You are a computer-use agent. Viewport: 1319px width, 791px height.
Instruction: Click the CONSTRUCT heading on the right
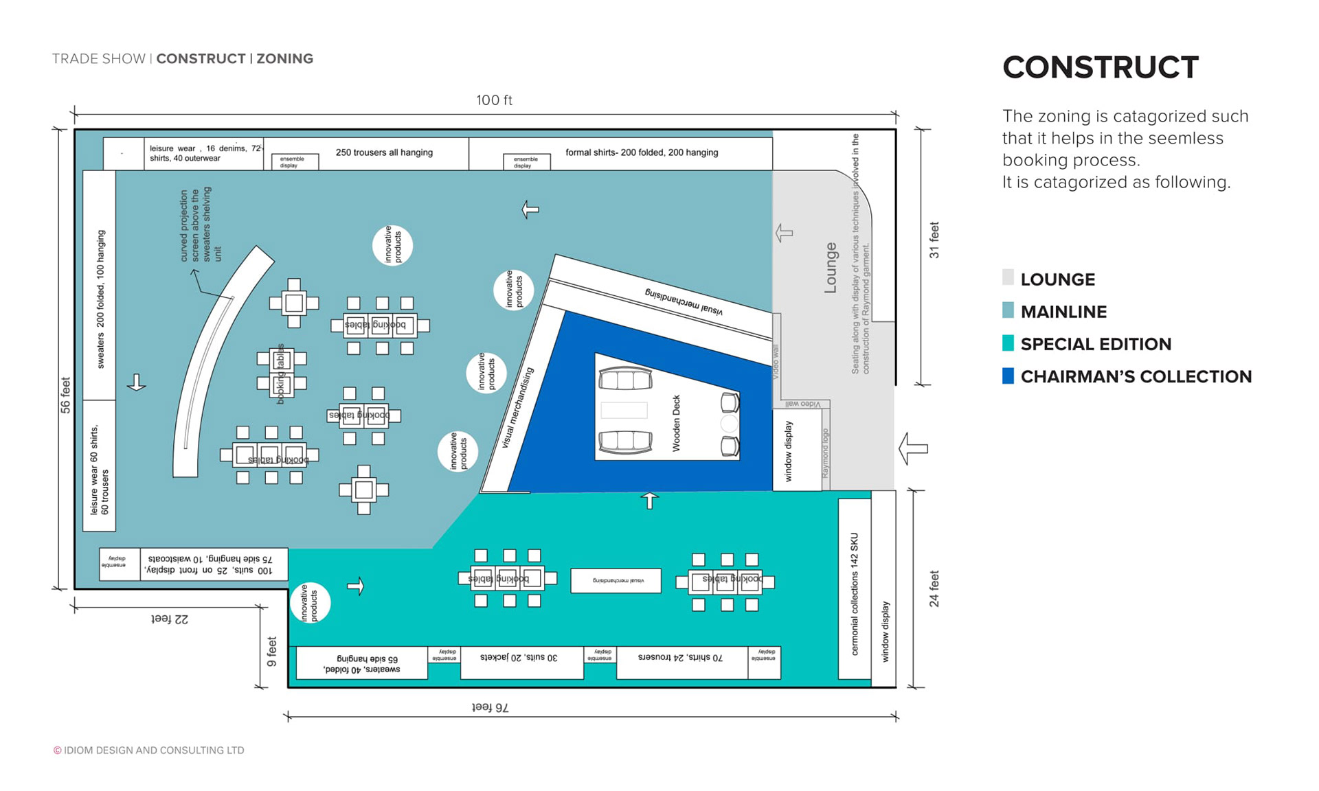pos(1100,67)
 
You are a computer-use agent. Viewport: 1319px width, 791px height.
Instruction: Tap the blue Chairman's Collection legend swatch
pos(1008,376)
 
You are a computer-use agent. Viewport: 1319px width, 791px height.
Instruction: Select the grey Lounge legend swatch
pos(1008,278)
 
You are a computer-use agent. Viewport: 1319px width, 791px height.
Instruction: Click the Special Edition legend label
pos(1096,344)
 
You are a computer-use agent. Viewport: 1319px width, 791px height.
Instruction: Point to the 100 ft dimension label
pos(494,100)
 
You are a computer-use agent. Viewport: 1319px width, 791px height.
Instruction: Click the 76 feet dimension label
pos(490,707)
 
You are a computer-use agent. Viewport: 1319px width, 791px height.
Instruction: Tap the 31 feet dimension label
pos(934,240)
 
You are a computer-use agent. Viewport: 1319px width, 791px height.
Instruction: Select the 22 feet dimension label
pos(169,619)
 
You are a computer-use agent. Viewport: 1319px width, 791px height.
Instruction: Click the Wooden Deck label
pos(676,423)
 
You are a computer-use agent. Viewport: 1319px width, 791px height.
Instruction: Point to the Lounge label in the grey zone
pos(831,268)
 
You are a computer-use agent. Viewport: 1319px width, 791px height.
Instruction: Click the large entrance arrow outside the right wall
pos(913,448)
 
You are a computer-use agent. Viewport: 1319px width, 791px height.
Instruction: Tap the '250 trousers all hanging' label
pos(384,152)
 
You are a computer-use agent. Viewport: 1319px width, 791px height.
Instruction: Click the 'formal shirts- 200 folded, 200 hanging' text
pos(642,152)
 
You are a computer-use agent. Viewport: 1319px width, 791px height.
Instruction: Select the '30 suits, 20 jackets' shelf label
pos(519,657)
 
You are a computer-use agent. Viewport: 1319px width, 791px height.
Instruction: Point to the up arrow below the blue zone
pos(649,501)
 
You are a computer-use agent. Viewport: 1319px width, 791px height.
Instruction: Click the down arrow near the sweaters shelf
pos(136,382)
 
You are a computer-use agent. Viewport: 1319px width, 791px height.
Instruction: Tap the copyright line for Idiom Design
pos(149,750)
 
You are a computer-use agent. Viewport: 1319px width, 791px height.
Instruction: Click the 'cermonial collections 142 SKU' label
pos(855,594)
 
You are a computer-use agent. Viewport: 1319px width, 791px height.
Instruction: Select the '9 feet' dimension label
pos(272,652)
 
